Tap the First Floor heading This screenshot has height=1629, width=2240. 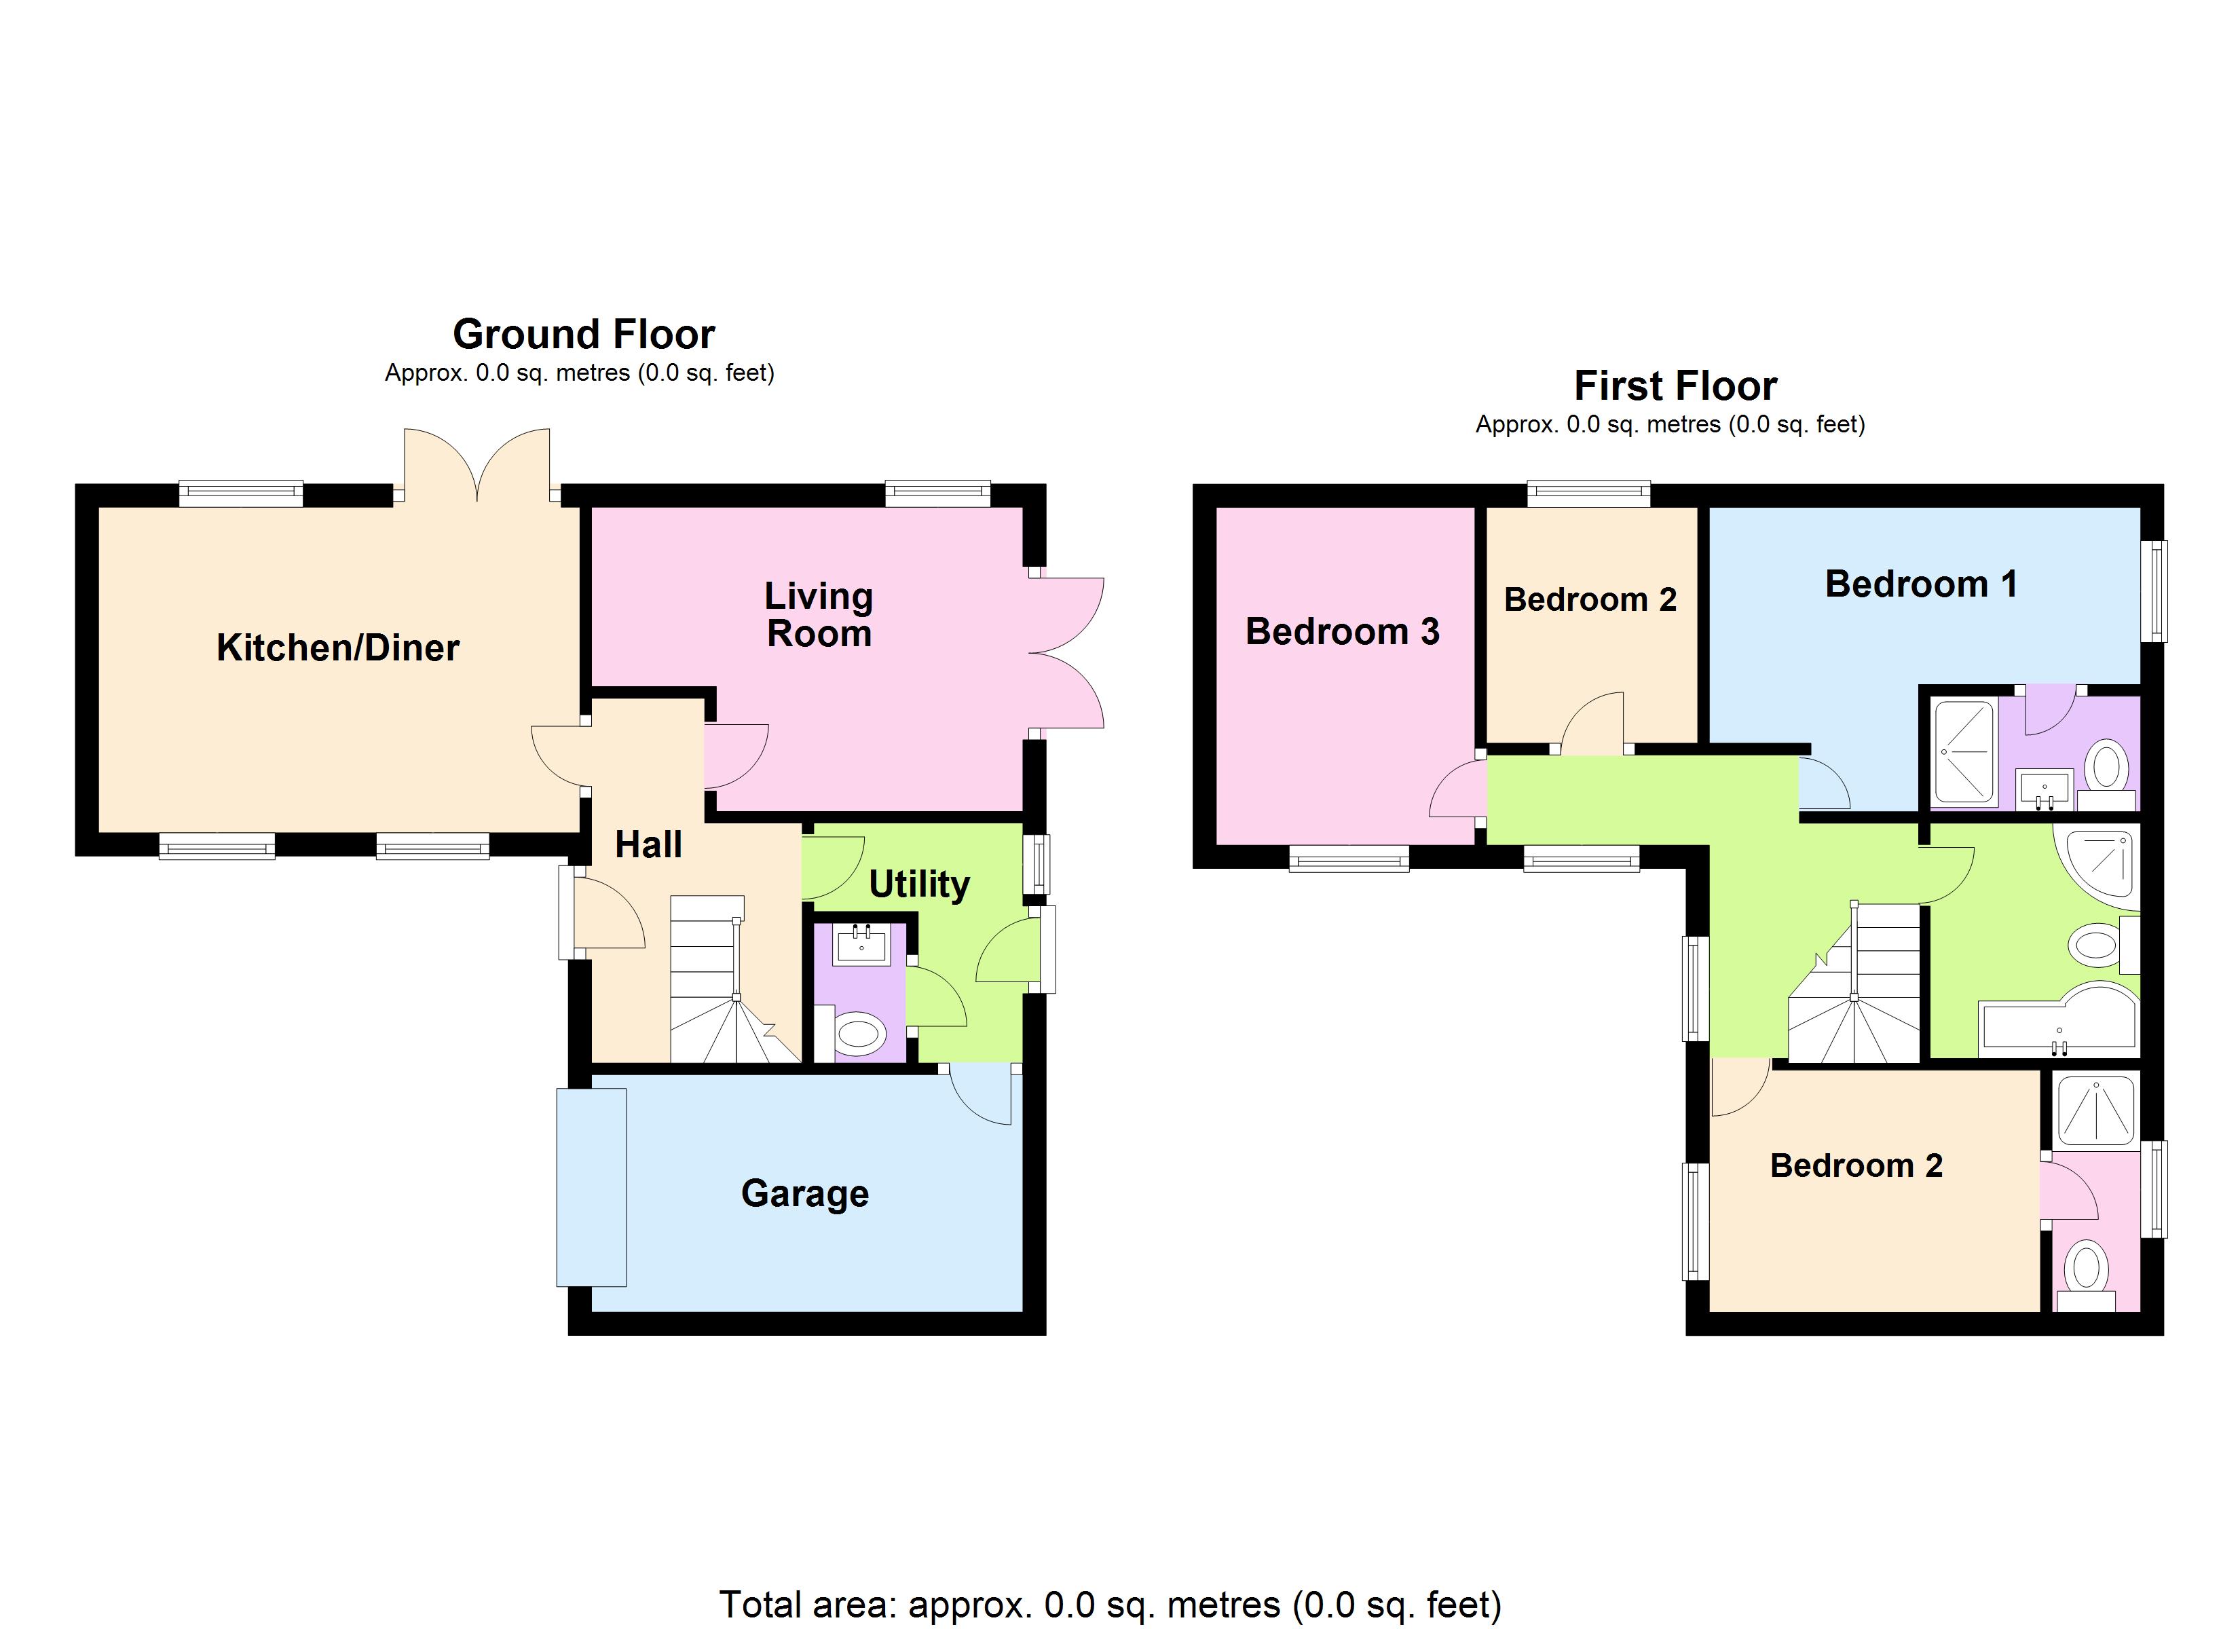point(1675,386)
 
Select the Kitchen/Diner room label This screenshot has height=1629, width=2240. point(338,648)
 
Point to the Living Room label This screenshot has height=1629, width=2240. point(819,614)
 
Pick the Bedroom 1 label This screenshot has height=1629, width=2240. point(1920,584)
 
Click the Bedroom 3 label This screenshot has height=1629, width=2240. point(1342,631)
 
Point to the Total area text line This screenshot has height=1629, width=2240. point(1109,1605)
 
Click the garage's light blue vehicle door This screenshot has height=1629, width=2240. point(592,1186)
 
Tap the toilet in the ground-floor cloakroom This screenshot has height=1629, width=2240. point(857,1035)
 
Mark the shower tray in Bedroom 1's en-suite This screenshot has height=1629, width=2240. point(1964,751)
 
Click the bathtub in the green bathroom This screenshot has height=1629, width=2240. point(2057,1019)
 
